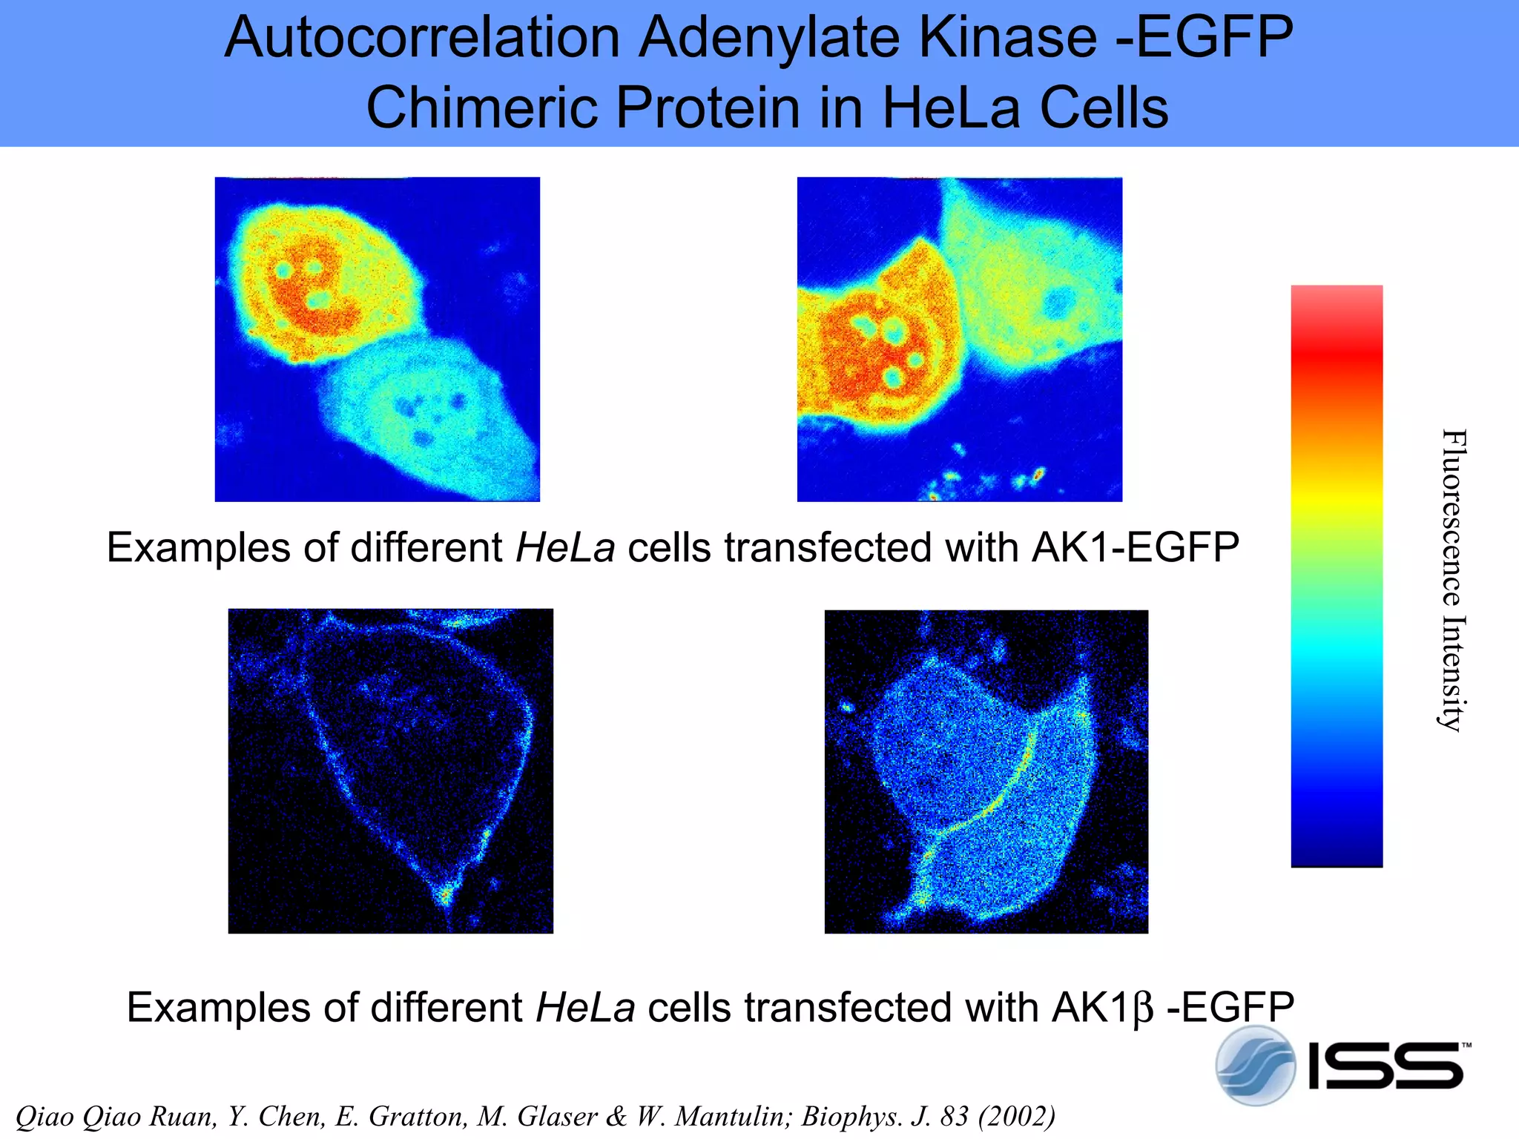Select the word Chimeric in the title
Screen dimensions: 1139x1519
[483, 108]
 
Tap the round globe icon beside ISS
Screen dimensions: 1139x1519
[1255, 1066]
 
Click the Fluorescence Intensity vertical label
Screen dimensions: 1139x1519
[1452, 580]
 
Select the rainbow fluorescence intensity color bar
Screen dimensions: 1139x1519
[1337, 575]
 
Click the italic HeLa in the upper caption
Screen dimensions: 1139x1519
[565, 548]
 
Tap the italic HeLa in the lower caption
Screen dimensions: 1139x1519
[585, 1008]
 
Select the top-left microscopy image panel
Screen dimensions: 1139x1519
[377, 339]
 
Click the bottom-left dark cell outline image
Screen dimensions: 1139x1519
[390, 770]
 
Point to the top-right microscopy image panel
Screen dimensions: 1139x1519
[959, 339]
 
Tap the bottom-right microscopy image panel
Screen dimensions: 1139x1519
[986, 771]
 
